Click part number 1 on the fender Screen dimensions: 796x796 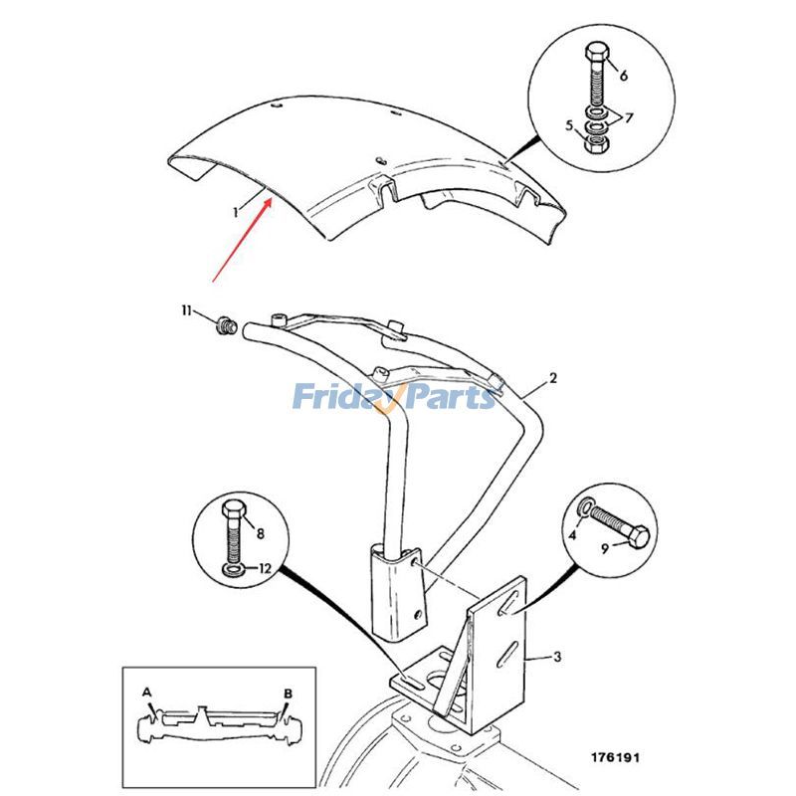click(236, 211)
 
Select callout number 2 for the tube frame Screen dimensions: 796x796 click(553, 379)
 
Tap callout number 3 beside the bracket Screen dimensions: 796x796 click(557, 656)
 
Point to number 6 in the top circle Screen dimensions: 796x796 click(624, 76)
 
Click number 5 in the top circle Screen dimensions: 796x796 click(570, 125)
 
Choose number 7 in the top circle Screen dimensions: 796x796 click(628, 118)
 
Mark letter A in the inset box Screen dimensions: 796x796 click(146, 691)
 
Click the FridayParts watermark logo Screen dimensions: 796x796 click(393, 397)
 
